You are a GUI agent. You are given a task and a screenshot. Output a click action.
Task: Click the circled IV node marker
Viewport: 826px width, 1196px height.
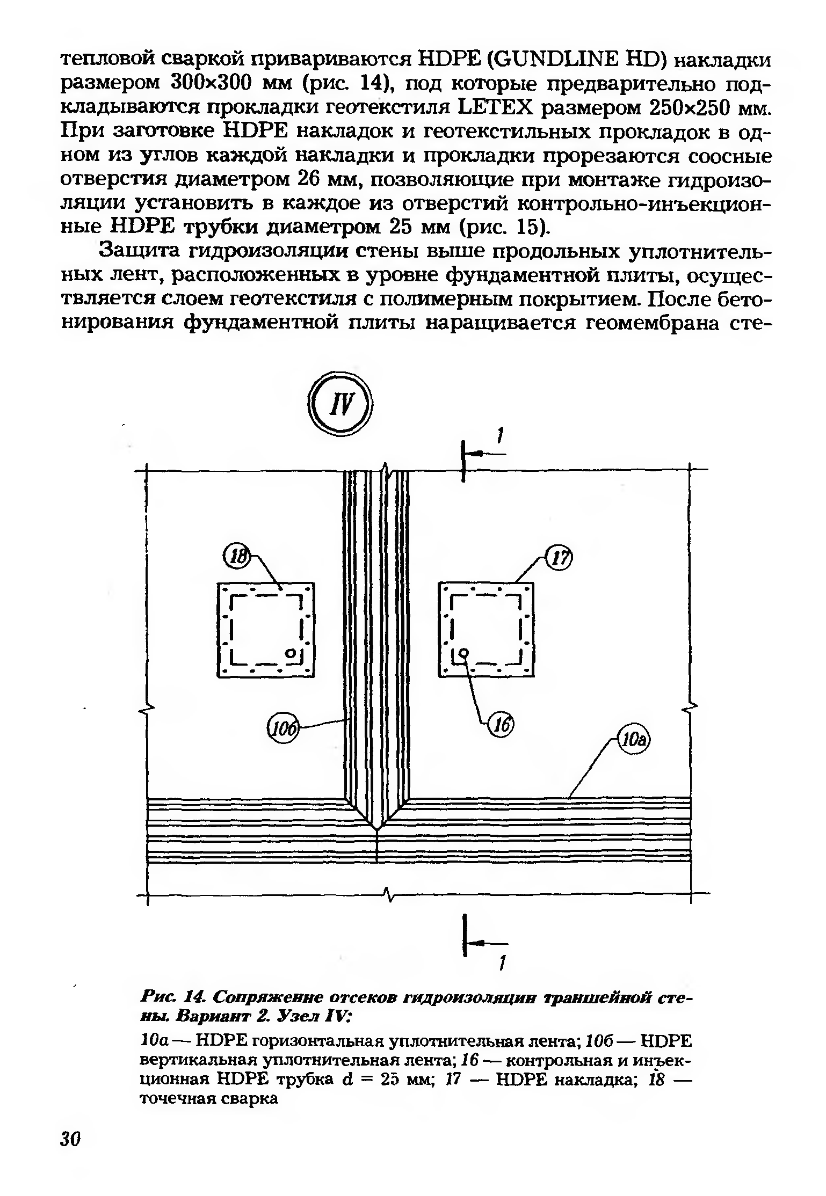pyautogui.click(x=340, y=405)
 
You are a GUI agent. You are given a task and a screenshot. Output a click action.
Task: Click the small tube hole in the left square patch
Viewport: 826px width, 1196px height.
pyautogui.click(x=291, y=653)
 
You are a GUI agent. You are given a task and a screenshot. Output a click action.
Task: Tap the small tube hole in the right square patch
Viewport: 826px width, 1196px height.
pyautogui.click(x=462, y=653)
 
